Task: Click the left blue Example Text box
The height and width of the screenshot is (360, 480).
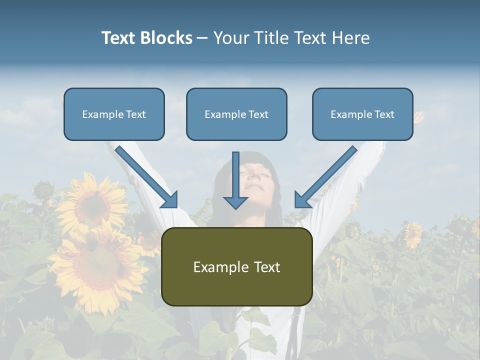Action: click(114, 114)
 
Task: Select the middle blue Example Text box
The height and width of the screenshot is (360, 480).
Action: click(236, 114)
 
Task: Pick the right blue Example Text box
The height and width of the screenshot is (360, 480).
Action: click(362, 114)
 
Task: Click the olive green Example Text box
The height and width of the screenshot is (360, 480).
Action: click(236, 266)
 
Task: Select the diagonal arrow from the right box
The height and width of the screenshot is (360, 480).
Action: click(325, 176)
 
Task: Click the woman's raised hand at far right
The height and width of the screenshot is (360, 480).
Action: click(417, 118)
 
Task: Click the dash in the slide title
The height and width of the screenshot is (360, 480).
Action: click(202, 38)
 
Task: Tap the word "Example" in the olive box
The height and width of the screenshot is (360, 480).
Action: click(214, 267)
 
